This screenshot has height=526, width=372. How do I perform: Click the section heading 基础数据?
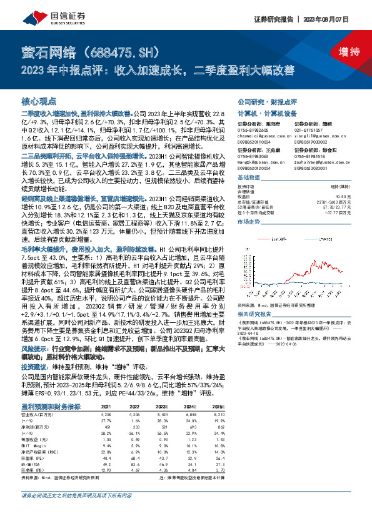coord(251,177)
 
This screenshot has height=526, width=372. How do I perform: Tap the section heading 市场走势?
coord(251,221)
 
